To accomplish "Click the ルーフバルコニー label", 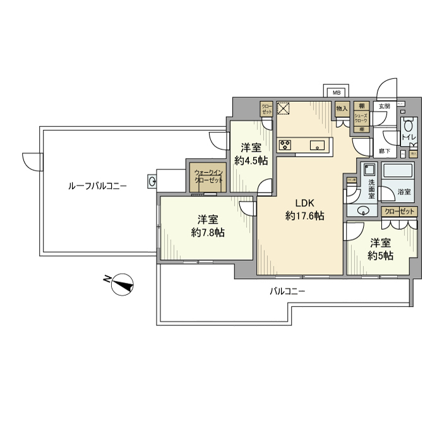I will tap(97, 186).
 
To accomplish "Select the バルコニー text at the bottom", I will tap(287, 291).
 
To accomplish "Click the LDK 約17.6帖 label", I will tap(304, 210).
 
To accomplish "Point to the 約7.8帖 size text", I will tap(208, 232).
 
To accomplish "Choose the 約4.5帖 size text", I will tap(251, 160).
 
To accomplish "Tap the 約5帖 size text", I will tap(381, 256).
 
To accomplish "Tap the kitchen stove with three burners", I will tap(285, 146).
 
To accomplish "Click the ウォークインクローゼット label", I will tap(208, 176).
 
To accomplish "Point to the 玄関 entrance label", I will tap(384, 106).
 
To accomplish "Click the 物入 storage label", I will tap(342, 109).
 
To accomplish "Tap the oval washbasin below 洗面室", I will tap(363, 211).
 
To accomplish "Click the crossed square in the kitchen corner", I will tap(283, 109).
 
